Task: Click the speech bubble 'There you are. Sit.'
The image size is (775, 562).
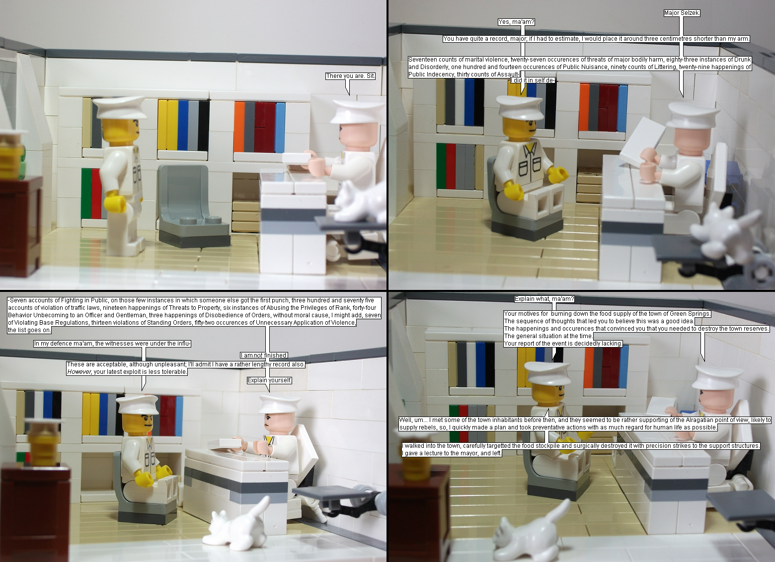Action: (350, 76)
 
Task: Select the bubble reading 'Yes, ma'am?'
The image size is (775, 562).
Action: (517, 22)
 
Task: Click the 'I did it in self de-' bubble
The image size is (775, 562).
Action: (533, 80)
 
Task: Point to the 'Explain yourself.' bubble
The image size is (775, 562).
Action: (270, 380)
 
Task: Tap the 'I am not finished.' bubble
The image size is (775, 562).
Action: (264, 355)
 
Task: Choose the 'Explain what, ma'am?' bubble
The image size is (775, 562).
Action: (544, 299)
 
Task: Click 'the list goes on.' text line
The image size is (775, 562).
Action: (29, 330)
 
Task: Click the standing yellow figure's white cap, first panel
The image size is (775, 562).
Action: (119, 107)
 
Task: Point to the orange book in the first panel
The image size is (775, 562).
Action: (239, 127)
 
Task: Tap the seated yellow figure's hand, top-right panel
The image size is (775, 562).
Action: (558, 174)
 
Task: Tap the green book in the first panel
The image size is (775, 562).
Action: (86, 193)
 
